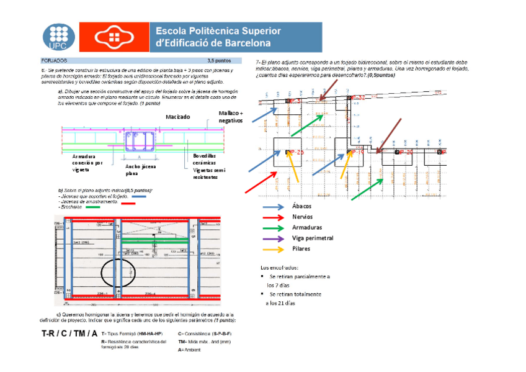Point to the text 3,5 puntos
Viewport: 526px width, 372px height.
point(219,61)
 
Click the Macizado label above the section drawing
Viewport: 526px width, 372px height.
point(177,117)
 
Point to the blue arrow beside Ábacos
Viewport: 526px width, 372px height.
point(273,206)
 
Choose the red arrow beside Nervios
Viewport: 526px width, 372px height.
point(273,217)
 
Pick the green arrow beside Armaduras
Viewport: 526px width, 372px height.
point(273,227)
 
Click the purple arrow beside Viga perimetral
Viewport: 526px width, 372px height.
point(273,238)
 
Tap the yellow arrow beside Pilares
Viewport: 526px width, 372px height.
point(273,248)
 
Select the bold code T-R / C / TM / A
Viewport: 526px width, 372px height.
point(69,335)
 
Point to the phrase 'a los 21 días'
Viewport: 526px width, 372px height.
point(277,303)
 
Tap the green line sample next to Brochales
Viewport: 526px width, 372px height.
point(93,207)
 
